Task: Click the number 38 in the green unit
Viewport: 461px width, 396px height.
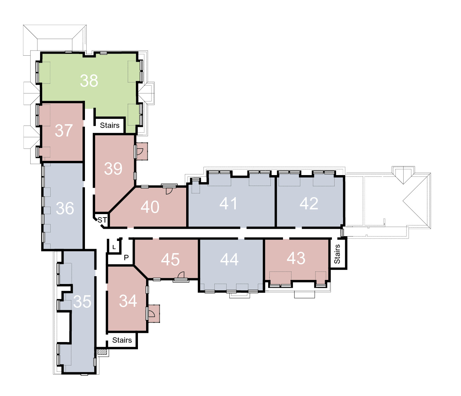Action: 89,81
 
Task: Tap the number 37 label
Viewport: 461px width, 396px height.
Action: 64,131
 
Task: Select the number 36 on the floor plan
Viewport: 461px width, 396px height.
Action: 65,208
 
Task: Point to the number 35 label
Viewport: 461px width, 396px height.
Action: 82,302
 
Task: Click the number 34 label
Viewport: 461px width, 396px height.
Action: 128,301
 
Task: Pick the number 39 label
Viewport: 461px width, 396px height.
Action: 113,169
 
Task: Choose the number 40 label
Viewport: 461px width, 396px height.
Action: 150,207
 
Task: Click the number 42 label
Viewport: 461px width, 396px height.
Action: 309,203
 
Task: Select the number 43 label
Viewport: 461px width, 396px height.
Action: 296,258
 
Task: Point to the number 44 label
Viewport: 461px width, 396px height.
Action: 229,259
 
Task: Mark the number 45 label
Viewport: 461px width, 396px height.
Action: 170,259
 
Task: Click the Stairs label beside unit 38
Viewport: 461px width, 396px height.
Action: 109,126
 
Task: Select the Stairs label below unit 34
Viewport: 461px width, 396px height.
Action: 122,340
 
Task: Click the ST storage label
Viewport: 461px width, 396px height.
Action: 102,220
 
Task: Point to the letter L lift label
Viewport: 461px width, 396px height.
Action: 114,247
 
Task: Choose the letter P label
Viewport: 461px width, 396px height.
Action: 126,258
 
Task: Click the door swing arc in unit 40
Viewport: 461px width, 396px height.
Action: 170,191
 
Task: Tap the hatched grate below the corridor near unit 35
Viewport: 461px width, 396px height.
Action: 102,352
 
